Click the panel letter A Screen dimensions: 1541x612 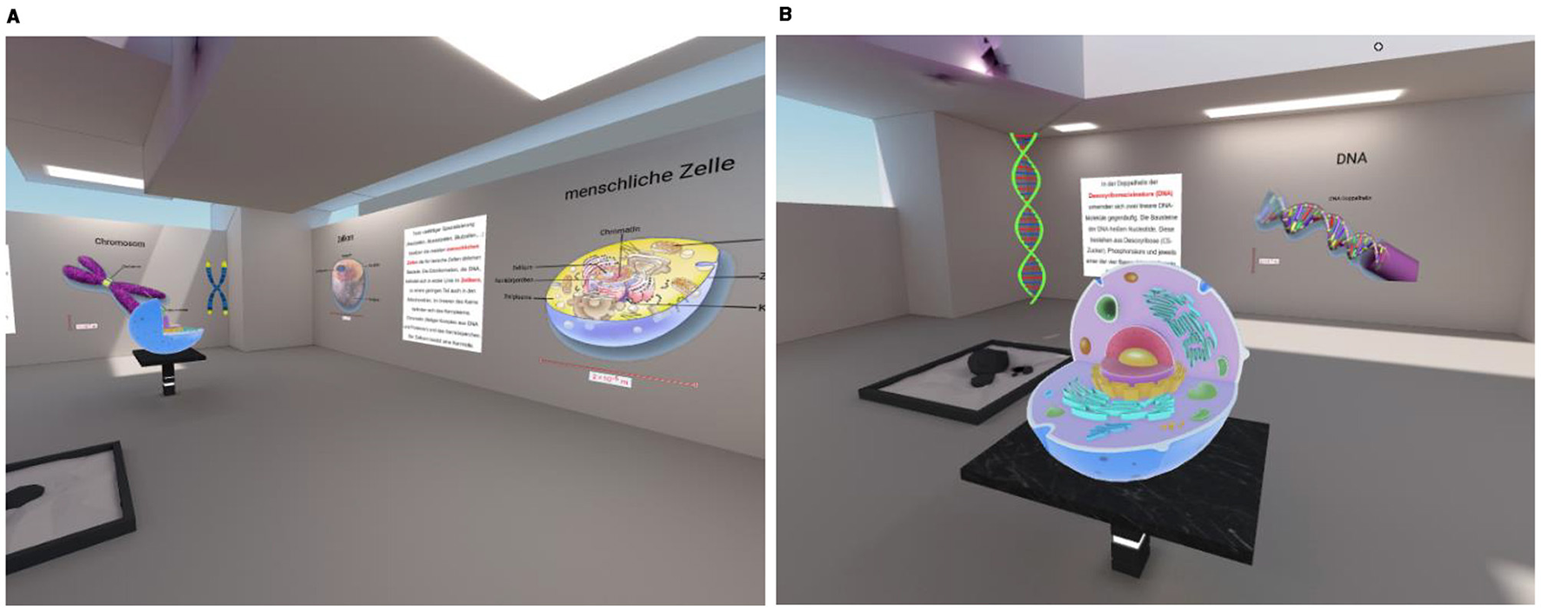(x=12, y=16)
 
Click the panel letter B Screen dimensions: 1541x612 (x=785, y=14)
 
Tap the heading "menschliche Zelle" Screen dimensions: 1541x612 (x=649, y=177)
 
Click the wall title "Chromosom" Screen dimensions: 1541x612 (x=120, y=243)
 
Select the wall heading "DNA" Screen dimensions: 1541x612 (x=1351, y=158)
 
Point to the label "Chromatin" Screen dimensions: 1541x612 (x=619, y=230)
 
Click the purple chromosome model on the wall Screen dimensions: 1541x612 (x=113, y=279)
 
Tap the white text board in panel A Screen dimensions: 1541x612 (x=444, y=283)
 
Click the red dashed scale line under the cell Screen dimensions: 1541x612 (x=617, y=371)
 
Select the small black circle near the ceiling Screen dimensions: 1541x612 (x=1378, y=47)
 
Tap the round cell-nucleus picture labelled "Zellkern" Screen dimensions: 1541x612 (x=349, y=281)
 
